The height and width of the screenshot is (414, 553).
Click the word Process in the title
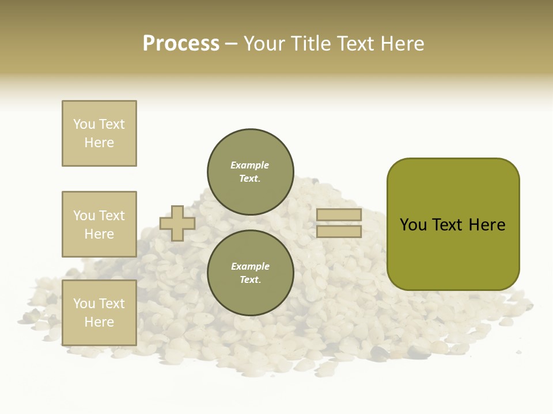(181, 44)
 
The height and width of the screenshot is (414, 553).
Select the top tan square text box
(99, 133)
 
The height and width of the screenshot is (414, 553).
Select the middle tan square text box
(99, 224)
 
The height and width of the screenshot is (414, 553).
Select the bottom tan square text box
(99, 313)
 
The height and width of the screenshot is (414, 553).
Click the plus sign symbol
(177, 224)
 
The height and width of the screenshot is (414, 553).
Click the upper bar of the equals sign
(339, 214)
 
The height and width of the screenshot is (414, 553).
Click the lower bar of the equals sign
(339, 232)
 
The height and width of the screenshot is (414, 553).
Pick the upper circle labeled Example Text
(250, 172)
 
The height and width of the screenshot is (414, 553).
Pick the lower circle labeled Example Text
(250, 273)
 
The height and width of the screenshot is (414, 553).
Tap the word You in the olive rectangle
(413, 225)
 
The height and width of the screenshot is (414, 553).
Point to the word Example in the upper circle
(249, 165)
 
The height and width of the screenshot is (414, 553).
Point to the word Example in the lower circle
(250, 266)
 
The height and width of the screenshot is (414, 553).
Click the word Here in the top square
(99, 143)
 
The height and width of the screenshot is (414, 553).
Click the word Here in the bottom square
(99, 322)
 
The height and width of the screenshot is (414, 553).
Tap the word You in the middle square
(84, 216)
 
